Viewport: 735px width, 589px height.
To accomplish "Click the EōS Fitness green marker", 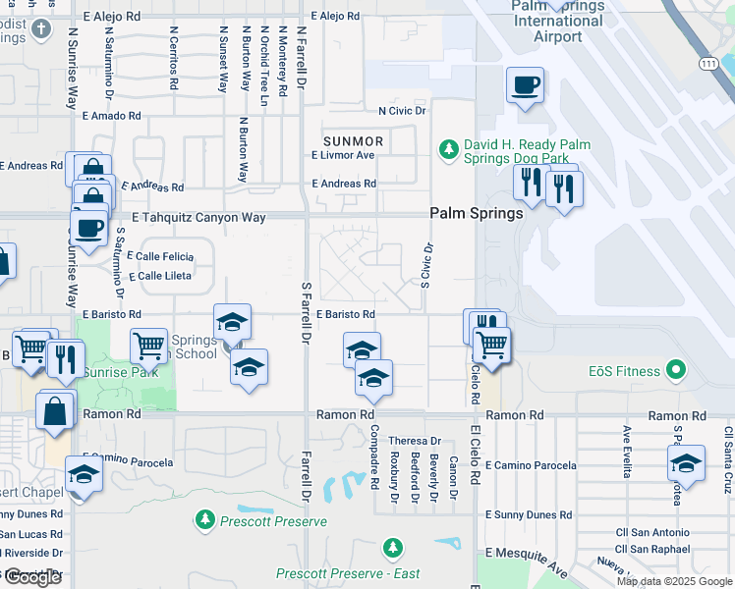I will [674, 371].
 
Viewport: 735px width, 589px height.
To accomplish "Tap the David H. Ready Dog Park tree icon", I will [448, 148].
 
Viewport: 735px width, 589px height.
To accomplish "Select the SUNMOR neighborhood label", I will [355, 141].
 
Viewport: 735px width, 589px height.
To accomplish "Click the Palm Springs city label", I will [476, 213].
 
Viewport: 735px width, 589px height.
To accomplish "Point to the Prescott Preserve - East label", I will [348, 574].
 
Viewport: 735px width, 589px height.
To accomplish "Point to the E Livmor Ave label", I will [344, 155].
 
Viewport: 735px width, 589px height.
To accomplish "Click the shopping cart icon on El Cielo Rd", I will [490, 345].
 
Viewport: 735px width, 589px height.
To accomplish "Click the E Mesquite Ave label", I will [531, 562].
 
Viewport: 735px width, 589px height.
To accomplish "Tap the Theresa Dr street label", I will [415, 441].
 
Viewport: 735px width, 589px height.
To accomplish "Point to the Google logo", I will [32, 577].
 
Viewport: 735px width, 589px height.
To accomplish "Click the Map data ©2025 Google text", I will [673, 581].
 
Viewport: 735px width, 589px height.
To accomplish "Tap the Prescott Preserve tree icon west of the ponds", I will [205, 517].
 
